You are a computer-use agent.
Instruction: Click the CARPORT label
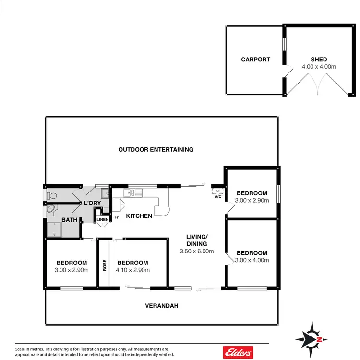click(x=255, y=60)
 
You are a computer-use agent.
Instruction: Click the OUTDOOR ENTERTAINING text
click(x=156, y=150)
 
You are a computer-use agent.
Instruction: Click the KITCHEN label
click(x=139, y=216)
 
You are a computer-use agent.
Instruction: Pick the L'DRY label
click(x=93, y=203)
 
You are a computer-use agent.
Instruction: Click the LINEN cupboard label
click(x=103, y=220)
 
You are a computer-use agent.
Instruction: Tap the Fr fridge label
click(x=116, y=217)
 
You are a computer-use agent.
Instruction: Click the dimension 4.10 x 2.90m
click(x=133, y=270)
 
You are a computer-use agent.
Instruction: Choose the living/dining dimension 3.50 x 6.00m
click(x=197, y=251)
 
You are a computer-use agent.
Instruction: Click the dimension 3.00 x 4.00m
click(x=252, y=260)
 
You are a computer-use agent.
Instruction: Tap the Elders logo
click(x=238, y=352)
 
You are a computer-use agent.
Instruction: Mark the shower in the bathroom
click(x=58, y=231)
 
